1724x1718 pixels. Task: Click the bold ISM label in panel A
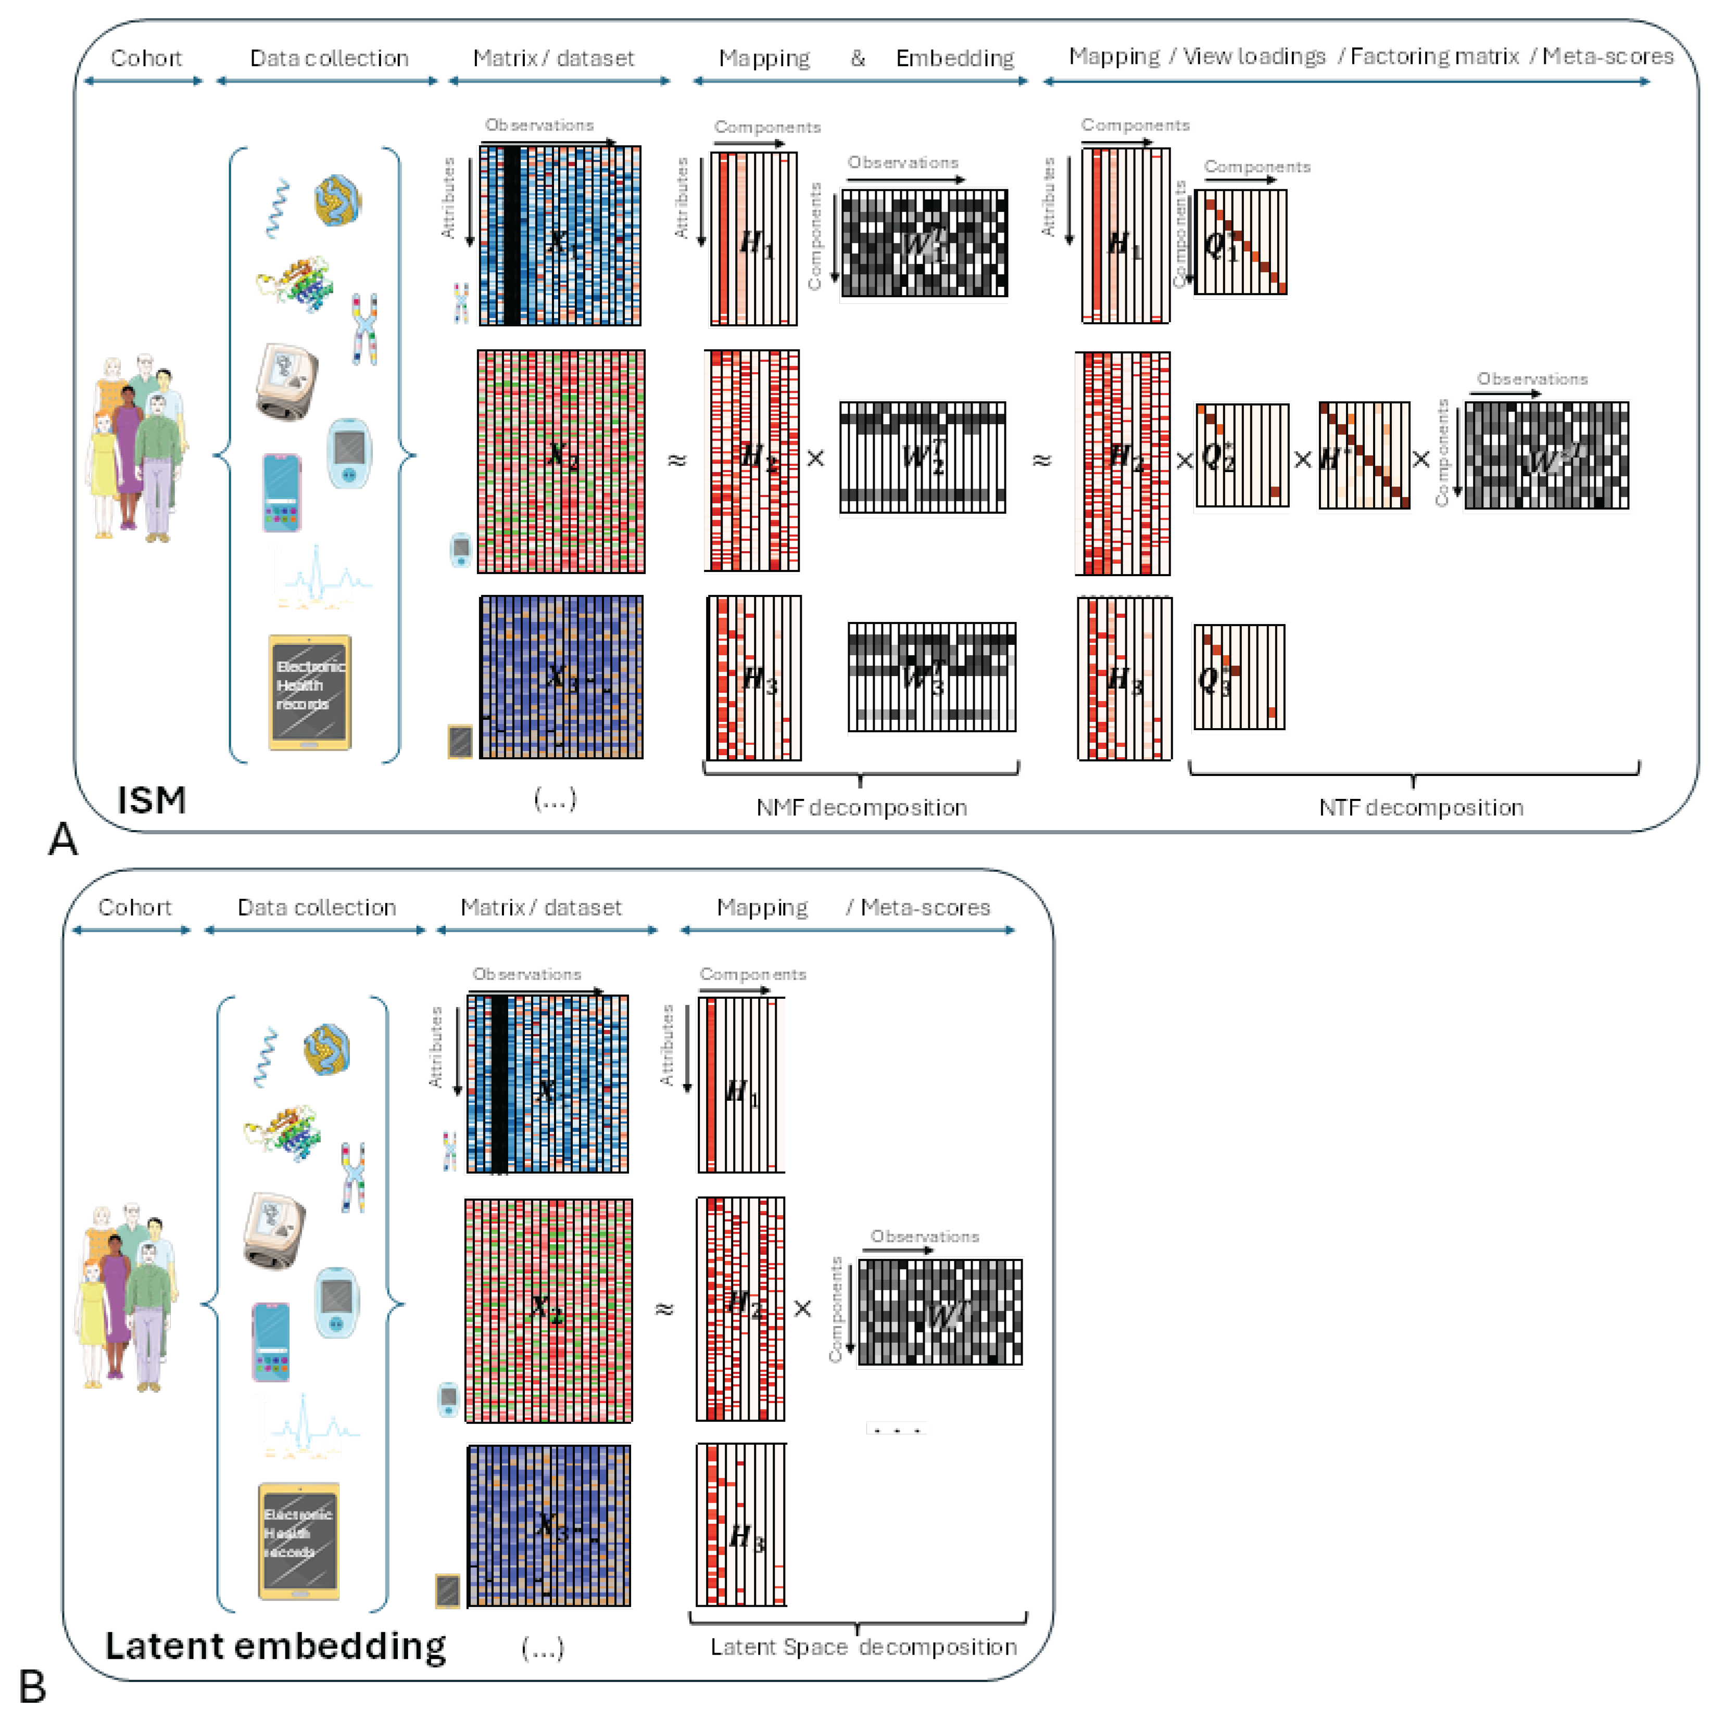(x=152, y=799)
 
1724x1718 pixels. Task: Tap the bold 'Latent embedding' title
(x=275, y=1646)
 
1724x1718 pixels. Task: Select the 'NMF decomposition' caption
(x=861, y=807)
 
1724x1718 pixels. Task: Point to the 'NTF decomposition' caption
(x=1420, y=807)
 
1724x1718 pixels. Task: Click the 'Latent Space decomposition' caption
(x=863, y=1647)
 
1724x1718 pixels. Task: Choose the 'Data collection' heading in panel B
(x=316, y=907)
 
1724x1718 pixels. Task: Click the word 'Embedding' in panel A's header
(x=955, y=58)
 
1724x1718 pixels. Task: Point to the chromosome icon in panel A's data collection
(x=364, y=328)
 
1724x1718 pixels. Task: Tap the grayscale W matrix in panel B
(x=940, y=1311)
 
